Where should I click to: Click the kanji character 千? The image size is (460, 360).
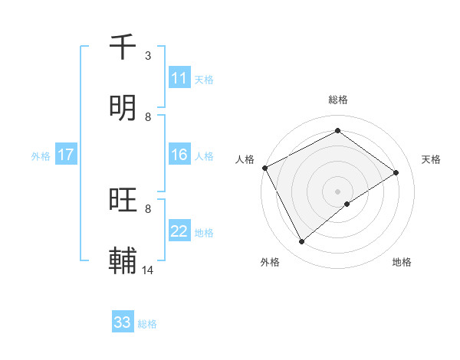(123, 47)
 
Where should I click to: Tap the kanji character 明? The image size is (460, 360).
(123, 108)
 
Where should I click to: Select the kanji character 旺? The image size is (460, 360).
(123, 201)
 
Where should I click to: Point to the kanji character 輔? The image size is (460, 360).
(123, 261)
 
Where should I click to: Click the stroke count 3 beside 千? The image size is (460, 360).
(148, 55)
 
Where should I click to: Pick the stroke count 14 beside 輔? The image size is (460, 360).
(148, 270)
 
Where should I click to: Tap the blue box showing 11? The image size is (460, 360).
(179, 78)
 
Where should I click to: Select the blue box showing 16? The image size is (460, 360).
(179, 155)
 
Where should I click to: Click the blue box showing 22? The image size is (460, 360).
(179, 231)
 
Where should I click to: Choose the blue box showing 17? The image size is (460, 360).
(66, 155)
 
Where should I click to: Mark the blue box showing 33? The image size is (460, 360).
(123, 322)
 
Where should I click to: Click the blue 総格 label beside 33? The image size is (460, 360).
(147, 324)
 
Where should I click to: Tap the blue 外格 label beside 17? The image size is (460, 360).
(40, 155)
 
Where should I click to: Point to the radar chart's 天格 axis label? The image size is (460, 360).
(431, 159)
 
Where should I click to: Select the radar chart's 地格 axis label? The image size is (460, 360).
(402, 262)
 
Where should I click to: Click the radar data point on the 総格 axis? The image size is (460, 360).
(337, 131)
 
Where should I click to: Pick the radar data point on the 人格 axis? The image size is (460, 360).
(264, 168)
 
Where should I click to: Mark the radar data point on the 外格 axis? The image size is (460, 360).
(302, 242)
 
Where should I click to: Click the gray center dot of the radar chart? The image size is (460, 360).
(337, 191)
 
